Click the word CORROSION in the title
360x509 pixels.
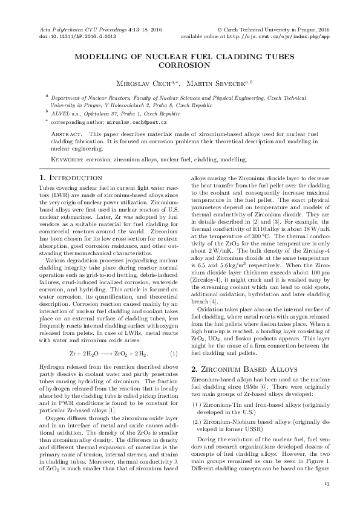click(180, 66)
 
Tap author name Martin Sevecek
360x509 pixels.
click(215, 82)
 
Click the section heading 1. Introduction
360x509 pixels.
click(70, 178)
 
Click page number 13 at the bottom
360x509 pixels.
click(327, 484)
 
